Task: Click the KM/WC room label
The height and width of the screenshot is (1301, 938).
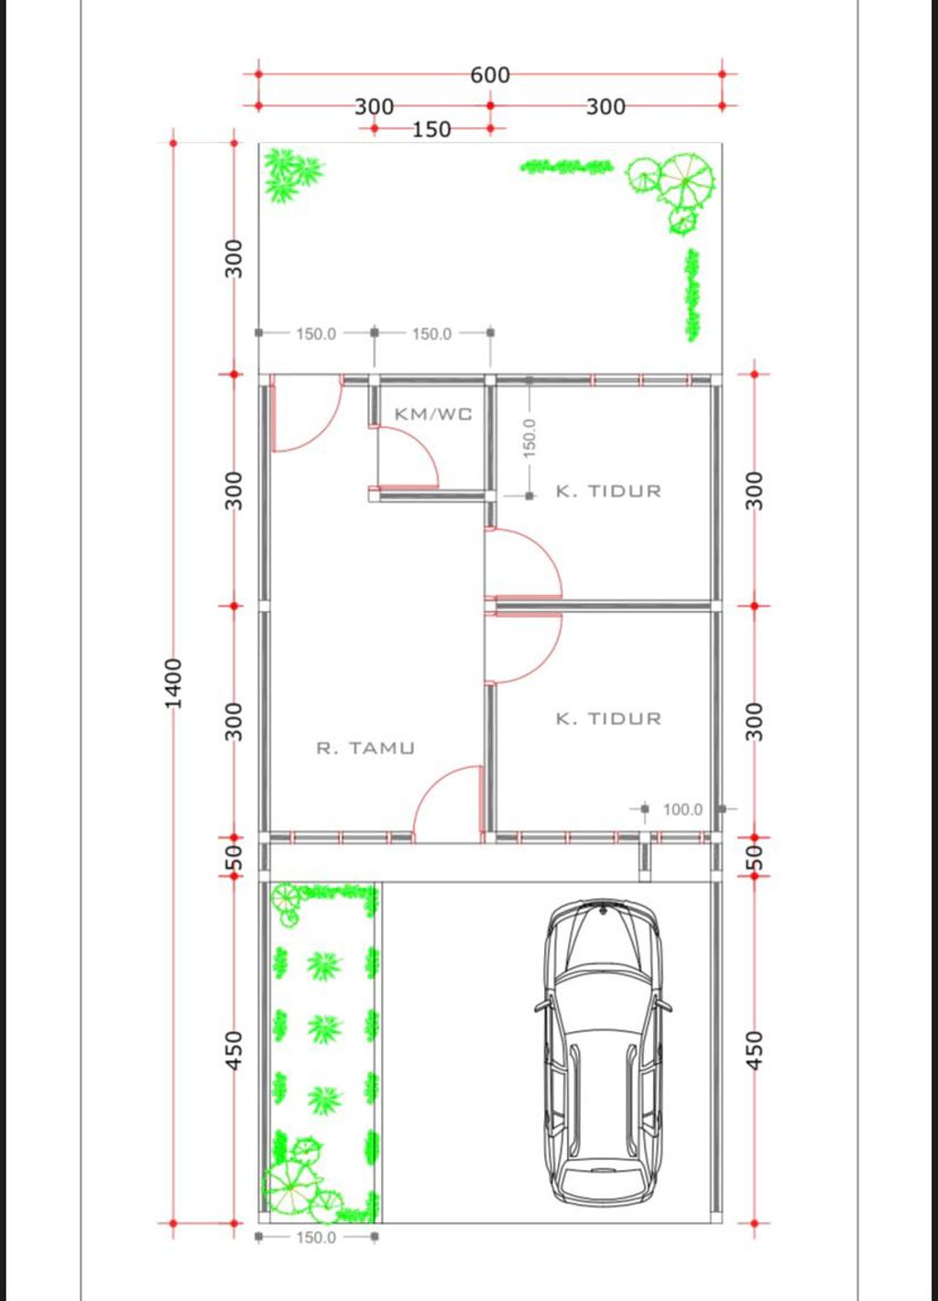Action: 433,414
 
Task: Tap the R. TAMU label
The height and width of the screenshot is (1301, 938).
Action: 365,747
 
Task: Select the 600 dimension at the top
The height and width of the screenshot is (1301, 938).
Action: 490,75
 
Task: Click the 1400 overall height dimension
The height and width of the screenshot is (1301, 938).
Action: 173,683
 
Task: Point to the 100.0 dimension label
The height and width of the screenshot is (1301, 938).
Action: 682,809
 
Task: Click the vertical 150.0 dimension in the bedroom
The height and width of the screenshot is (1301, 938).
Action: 529,438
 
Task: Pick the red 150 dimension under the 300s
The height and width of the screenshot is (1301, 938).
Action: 431,129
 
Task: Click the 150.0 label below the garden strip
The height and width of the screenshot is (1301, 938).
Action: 316,1237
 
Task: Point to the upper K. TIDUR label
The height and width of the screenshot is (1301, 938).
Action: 608,492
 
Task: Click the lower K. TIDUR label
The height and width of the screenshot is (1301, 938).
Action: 608,719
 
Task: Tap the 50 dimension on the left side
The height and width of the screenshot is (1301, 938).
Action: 233,855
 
